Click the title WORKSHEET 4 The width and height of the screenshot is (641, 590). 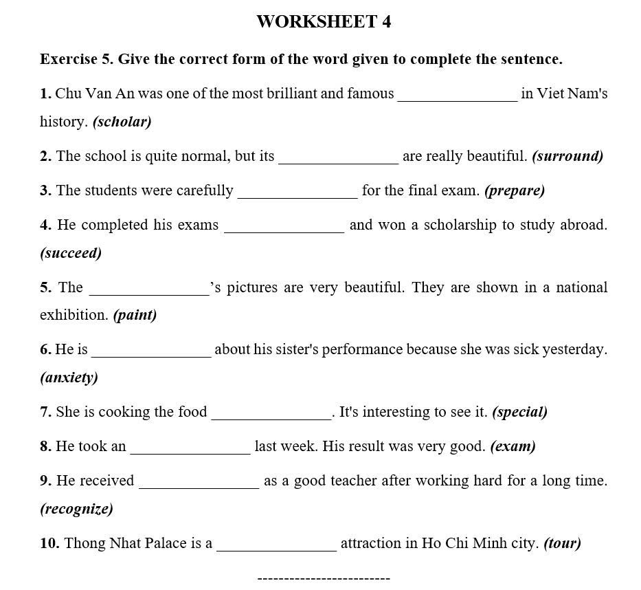tap(324, 22)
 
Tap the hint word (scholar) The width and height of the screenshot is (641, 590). tap(122, 122)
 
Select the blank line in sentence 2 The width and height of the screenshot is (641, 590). tap(338, 162)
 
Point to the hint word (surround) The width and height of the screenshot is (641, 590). tap(567, 156)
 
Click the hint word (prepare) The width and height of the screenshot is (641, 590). tap(515, 190)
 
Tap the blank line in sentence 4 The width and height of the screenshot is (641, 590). tap(284, 232)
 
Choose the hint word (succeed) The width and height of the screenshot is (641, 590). tap(71, 253)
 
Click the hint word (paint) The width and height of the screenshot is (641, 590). tap(135, 315)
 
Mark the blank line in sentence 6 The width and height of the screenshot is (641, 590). tap(151, 356)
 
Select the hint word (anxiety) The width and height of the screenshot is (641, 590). tap(69, 378)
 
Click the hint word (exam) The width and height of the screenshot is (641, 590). tap(513, 446)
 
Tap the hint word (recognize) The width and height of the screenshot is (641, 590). tap(76, 509)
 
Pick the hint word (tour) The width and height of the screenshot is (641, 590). tap(562, 543)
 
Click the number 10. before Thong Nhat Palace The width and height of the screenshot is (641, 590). tap(49, 543)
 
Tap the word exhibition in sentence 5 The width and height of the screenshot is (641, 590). tap(74, 315)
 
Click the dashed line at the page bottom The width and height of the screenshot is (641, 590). tap(324, 578)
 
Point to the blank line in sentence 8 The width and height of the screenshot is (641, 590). tap(190, 452)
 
